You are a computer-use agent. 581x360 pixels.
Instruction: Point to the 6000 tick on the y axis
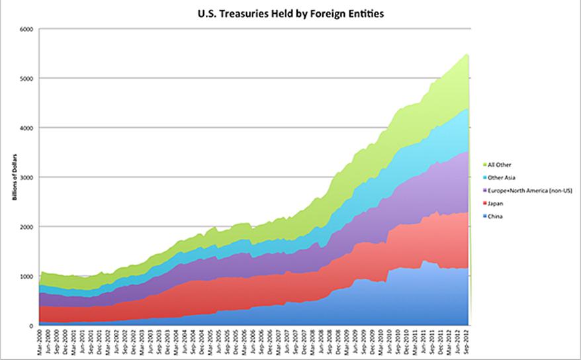pos(27,29)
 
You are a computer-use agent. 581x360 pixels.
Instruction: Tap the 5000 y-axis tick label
pos(27,79)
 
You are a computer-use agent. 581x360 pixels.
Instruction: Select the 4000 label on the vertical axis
pos(27,128)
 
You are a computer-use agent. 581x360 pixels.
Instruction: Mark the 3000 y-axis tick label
pos(27,177)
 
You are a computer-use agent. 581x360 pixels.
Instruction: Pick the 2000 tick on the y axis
pos(27,227)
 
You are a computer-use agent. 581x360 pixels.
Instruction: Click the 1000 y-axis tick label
pos(27,276)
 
